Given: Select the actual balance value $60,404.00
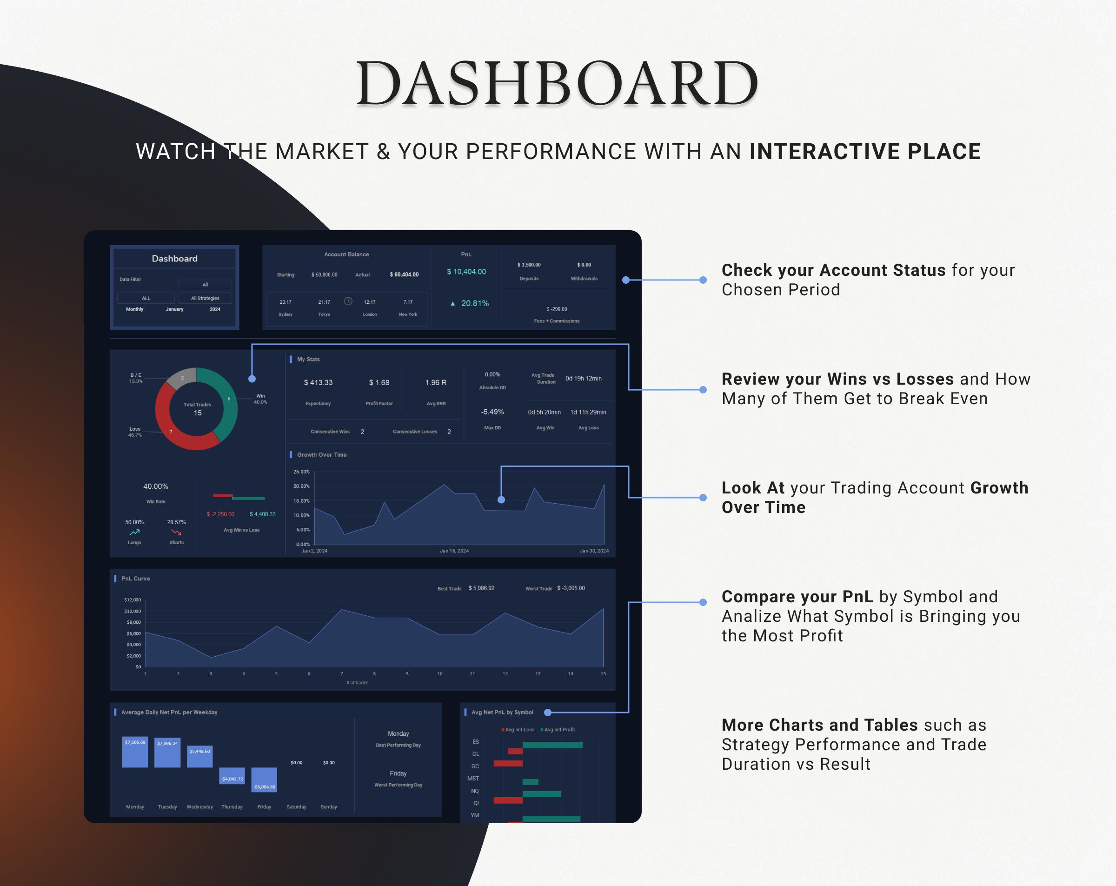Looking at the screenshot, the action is (404, 274).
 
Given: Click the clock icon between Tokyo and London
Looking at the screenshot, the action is (348, 301).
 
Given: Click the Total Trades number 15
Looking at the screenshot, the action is (197, 413).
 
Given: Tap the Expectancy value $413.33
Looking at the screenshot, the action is (319, 383).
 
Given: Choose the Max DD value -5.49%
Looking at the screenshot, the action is (492, 412).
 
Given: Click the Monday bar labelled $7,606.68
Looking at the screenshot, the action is (135, 752).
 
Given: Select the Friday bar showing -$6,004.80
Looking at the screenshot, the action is (264, 780).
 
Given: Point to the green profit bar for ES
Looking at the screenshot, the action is (552, 745).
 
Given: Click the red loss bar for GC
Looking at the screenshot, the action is (508, 763).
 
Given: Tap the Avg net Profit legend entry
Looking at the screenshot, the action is (558, 730).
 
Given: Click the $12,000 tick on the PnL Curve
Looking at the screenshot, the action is (133, 600).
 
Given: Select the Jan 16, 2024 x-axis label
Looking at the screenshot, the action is (454, 551).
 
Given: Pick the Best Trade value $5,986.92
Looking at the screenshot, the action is (481, 588).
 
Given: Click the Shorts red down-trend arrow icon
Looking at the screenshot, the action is (177, 533).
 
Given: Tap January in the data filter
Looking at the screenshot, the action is (174, 309).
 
